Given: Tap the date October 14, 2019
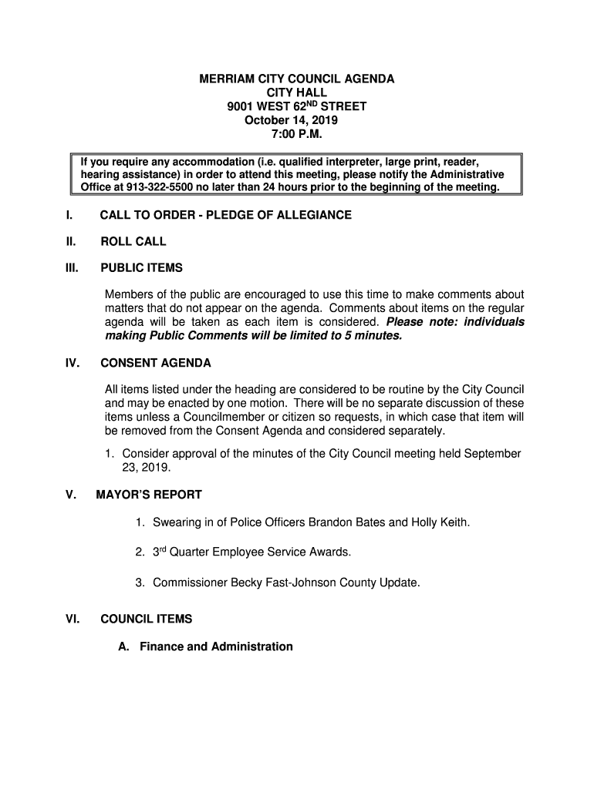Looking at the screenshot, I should pyautogui.click(x=292, y=121).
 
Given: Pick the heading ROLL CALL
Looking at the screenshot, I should pyautogui.click(x=133, y=242).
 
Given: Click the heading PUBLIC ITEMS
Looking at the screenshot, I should pyautogui.click(x=142, y=268).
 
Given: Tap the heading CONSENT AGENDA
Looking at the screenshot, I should pyautogui.click(x=156, y=363).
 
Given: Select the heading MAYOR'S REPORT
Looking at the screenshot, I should pyautogui.click(x=149, y=495).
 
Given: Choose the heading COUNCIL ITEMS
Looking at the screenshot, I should pyautogui.click(x=147, y=619).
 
